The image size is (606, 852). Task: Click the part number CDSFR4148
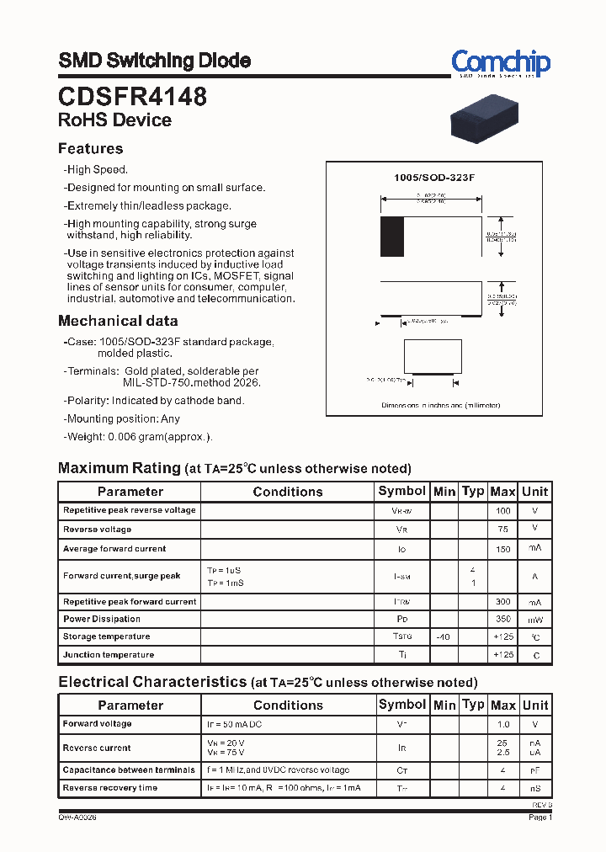pos(132,97)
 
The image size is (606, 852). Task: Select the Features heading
pos(90,149)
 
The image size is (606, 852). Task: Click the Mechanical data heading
pos(118,321)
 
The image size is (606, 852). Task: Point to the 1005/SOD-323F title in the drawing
pos(435,178)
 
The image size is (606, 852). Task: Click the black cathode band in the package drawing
pos(391,237)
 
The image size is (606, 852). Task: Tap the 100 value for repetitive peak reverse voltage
pos(502,510)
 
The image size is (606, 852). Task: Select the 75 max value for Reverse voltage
pos(502,530)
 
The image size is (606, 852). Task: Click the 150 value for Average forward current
pos(502,549)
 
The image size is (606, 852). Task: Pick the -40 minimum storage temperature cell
pos(444,637)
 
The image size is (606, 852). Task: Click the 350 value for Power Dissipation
pos(502,620)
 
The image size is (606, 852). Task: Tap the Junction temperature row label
pos(109,655)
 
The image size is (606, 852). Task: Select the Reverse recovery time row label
pos(110,788)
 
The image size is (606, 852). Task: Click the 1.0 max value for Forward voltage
pos(502,724)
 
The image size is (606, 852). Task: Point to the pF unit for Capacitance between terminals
pos(534,770)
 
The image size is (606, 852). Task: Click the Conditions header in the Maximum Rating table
pos(287,492)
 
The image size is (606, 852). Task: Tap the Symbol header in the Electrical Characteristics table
pos(402,705)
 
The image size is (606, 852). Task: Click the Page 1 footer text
pos(540,817)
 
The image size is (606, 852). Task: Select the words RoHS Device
pos(114,120)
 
